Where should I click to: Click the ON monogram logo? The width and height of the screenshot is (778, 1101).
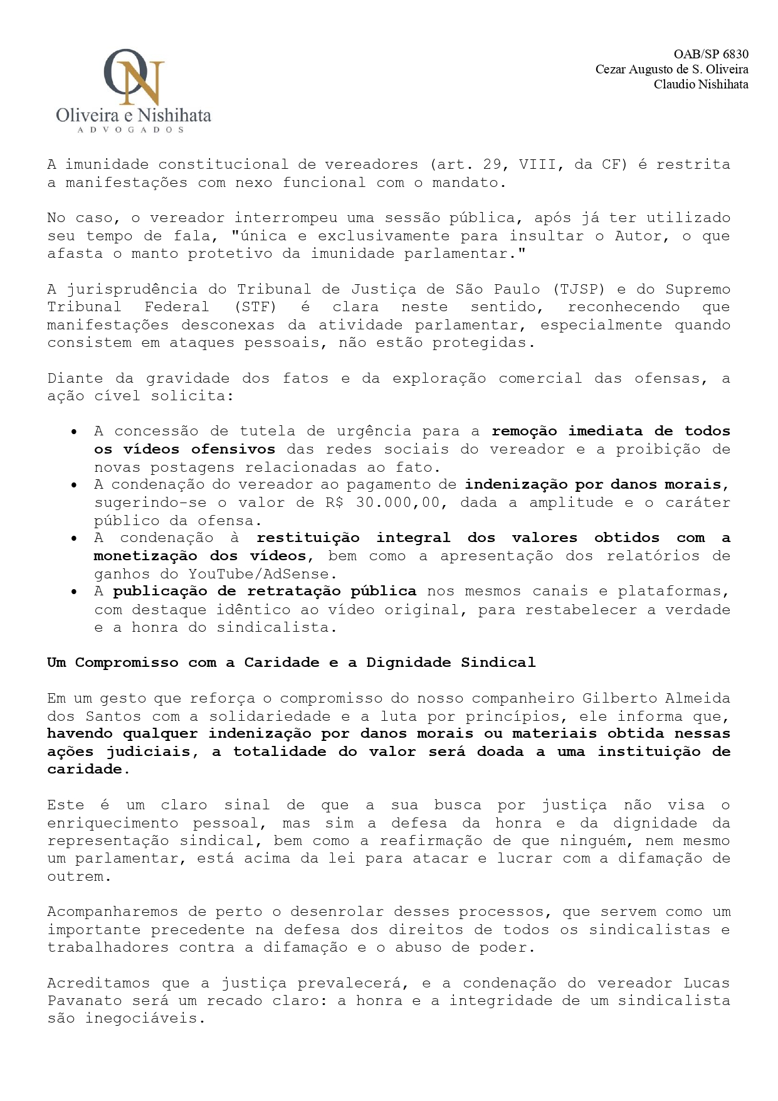134,77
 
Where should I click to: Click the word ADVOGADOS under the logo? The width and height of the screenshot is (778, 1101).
130,130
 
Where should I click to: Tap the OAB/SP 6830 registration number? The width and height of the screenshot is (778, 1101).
711,55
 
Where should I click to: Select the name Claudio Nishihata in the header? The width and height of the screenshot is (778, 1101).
701,84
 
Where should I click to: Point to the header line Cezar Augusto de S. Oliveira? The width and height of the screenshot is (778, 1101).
671,70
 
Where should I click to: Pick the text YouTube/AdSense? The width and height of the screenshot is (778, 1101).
258,574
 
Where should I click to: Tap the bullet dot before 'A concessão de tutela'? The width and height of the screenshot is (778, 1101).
75,432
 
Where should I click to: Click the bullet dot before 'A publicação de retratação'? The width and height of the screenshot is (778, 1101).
75,592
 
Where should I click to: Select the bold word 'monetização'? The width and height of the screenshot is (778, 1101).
145,556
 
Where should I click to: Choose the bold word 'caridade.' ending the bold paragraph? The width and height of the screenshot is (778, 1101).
88,770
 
